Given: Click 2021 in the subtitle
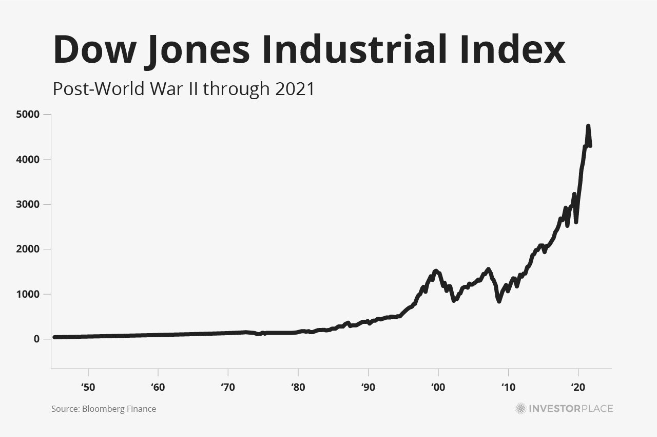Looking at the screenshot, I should click(295, 89).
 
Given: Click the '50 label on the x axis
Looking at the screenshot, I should click(88, 387).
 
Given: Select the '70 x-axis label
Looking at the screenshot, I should click(228, 387).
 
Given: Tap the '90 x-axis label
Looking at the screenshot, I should click(368, 387).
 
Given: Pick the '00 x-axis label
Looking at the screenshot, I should click(438, 387).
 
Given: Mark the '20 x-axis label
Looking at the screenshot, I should click(578, 387).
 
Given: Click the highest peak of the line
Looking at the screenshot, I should click(588, 126).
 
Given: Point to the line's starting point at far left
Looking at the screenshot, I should click(55, 337).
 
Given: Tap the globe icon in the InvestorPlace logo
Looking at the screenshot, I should click(521, 409).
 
